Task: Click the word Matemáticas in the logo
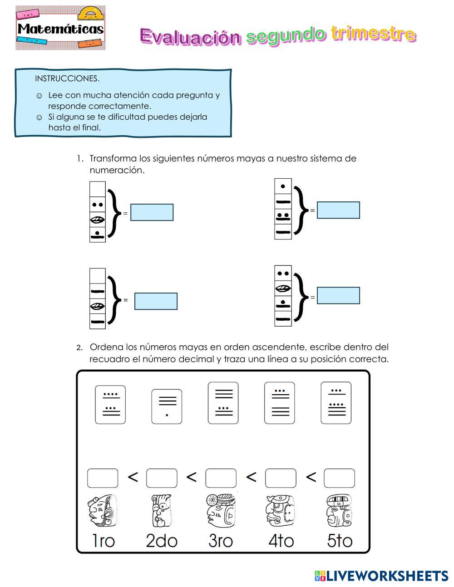click(x=60, y=29)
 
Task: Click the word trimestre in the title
click(x=373, y=34)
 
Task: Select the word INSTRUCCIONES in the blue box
click(x=67, y=78)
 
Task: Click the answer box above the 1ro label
click(x=103, y=478)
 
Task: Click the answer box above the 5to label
click(x=339, y=478)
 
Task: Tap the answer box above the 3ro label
click(x=221, y=478)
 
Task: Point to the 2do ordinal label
click(x=162, y=541)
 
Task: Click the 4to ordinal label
click(x=281, y=541)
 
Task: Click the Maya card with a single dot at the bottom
click(x=167, y=406)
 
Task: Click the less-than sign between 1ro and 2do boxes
click(x=133, y=477)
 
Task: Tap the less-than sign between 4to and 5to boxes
click(x=311, y=477)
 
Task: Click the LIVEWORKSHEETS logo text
click(x=387, y=576)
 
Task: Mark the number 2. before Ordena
click(x=79, y=348)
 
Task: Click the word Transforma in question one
click(x=113, y=159)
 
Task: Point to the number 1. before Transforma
click(x=80, y=159)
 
